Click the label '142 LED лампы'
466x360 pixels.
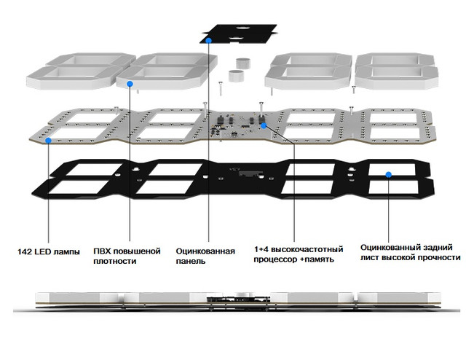coord(49,251)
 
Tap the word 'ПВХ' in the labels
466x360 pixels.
coord(102,251)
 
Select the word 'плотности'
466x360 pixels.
coord(115,261)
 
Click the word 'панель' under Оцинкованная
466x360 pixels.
coord(191,261)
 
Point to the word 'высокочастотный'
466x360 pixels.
coord(307,249)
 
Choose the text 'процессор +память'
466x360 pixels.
coord(293,259)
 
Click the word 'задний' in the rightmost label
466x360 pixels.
coord(438,248)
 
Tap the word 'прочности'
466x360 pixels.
coord(439,257)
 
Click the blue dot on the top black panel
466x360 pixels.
coord(209,40)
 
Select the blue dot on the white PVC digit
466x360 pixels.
coord(130,84)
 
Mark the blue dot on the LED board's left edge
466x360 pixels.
coord(48,140)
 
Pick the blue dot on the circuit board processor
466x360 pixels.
coord(264,126)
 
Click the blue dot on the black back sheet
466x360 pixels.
coord(388,175)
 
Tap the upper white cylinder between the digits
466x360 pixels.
coord(243,63)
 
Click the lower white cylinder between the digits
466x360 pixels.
coord(236,76)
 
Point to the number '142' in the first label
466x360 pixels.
coord(25,251)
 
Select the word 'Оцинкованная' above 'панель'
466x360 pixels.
coord(205,251)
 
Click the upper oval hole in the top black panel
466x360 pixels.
coord(242,28)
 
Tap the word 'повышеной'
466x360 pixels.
coord(136,251)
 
